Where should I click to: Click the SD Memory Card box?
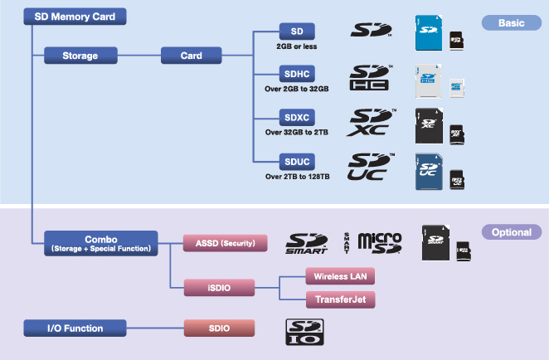pos(75,16)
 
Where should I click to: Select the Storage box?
pos(80,56)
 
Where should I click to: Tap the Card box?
pos(192,56)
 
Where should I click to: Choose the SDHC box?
pos(296,73)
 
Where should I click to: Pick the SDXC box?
pos(296,117)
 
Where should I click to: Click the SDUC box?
pos(296,160)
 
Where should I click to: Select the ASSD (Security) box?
pos(225,243)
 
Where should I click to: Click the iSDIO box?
pos(219,287)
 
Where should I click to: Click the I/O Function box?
pos(75,328)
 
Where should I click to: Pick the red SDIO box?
pos(219,328)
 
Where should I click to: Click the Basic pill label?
pos(511,23)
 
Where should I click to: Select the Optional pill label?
pos(511,232)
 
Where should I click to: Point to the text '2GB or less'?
pos(296,46)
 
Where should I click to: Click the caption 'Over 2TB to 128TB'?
pos(297,176)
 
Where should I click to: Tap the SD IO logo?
pos(304,331)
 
